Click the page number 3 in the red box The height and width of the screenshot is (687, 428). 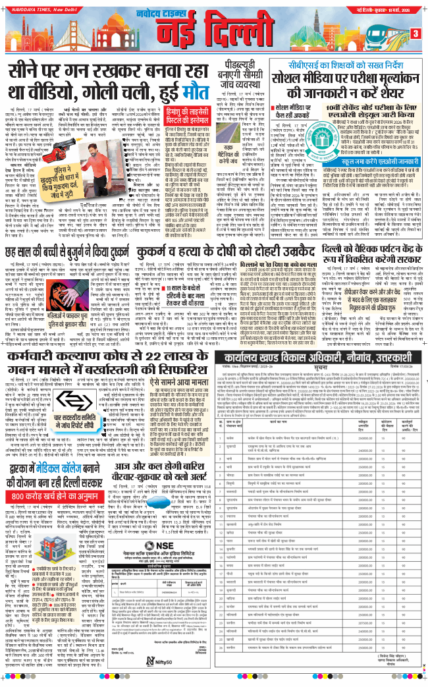(x=415, y=34)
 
